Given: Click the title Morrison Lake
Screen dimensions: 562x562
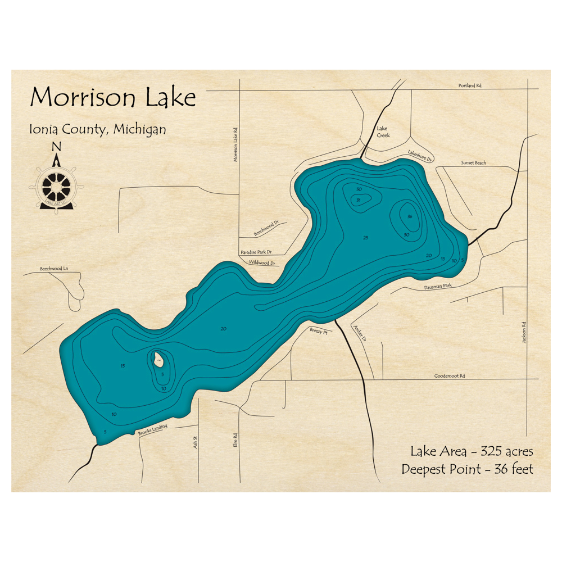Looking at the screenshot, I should [x=113, y=98].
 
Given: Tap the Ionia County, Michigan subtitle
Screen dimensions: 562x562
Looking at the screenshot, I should [x=98, y=129].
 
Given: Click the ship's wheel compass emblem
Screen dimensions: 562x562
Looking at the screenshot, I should [x=57, y=186].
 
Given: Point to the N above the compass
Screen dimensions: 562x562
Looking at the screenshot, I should [x=56, y=147].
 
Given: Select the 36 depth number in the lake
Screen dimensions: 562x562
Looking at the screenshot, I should [x=410, y=217].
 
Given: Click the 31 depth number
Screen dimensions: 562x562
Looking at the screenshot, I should [x=358, y=200].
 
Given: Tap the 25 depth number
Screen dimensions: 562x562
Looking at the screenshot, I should [x=366, y=238].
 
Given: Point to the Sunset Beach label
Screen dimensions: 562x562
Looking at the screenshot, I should [x=473, y=163].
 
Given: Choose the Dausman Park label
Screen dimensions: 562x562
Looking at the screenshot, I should [x=439, y=287].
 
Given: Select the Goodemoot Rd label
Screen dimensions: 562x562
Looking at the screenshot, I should [x=450, y=376].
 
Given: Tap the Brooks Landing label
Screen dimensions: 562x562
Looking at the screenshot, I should [x=152, y=430].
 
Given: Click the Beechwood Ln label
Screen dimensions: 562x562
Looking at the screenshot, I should [x=53, y=269].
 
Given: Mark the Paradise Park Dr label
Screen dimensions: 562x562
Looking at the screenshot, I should [x=256, y=252].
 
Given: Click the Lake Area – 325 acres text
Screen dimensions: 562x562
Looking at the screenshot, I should [x=471, y=451].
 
